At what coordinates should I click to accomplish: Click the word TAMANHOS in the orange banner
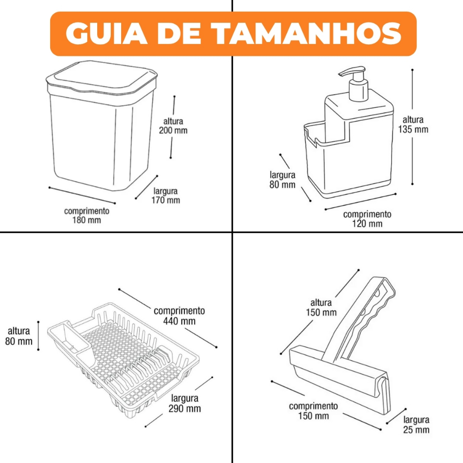pyautogui.click(x=307, y=33)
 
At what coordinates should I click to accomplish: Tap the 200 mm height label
pyautogui.click(x=173, y=126)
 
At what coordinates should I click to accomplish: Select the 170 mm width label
pyautogui.click(x=165, y=196)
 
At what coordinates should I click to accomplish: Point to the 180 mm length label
pyautogui.click(x=86, y=216)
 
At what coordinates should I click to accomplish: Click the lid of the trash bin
pyautogui.click(x=101, y=78)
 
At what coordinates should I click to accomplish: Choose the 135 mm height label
pyautogui.click(x=413, y=125)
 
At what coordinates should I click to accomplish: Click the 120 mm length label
pyautogui.click(x=367, y=219)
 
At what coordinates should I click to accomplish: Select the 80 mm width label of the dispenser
pyautogui.click(x=282, y=180)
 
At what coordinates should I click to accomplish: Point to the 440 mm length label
pyautogui.click(x=179, y=316)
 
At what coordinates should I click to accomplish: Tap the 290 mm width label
pyautogui.click(x=184, y=403)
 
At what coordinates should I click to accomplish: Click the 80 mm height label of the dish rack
pyautogui.click(x=19, y=336)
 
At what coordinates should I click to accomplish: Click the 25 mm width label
pyautogui.click(x=416, y=425)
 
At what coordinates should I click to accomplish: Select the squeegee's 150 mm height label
pyautogui.click(x=321, y=307)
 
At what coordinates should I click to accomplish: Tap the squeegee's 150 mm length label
pyautogui.click(x=313, y=411)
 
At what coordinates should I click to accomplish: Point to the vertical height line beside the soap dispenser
pyautogui.click(x=412, y=127)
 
